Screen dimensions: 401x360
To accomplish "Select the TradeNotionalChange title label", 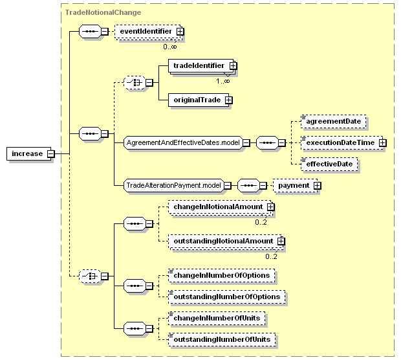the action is [x=103, y=12].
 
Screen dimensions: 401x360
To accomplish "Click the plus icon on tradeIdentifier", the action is [x=233, y=66].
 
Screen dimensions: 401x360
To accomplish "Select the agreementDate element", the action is [x=334, y=121].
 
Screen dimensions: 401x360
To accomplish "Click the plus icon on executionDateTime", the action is [x=383, y=143].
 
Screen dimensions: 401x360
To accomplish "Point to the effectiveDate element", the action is [x=329, y=164].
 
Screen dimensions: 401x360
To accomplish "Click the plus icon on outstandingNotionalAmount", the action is [x=281, y=242].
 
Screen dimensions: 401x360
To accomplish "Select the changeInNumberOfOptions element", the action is [x=221, y=276].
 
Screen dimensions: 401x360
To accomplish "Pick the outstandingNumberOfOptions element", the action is [x=226, y=297].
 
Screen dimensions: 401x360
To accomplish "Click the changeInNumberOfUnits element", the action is [x=217, y=319].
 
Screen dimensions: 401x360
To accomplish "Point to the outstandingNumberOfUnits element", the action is [x=222, y=340].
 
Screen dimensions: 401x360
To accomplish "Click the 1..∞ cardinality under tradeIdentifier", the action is [x=223, y=81].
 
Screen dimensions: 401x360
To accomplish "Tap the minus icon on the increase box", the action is [x=51, y=154].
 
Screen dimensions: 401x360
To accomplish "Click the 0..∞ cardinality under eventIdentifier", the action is [x=170, y=47].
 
